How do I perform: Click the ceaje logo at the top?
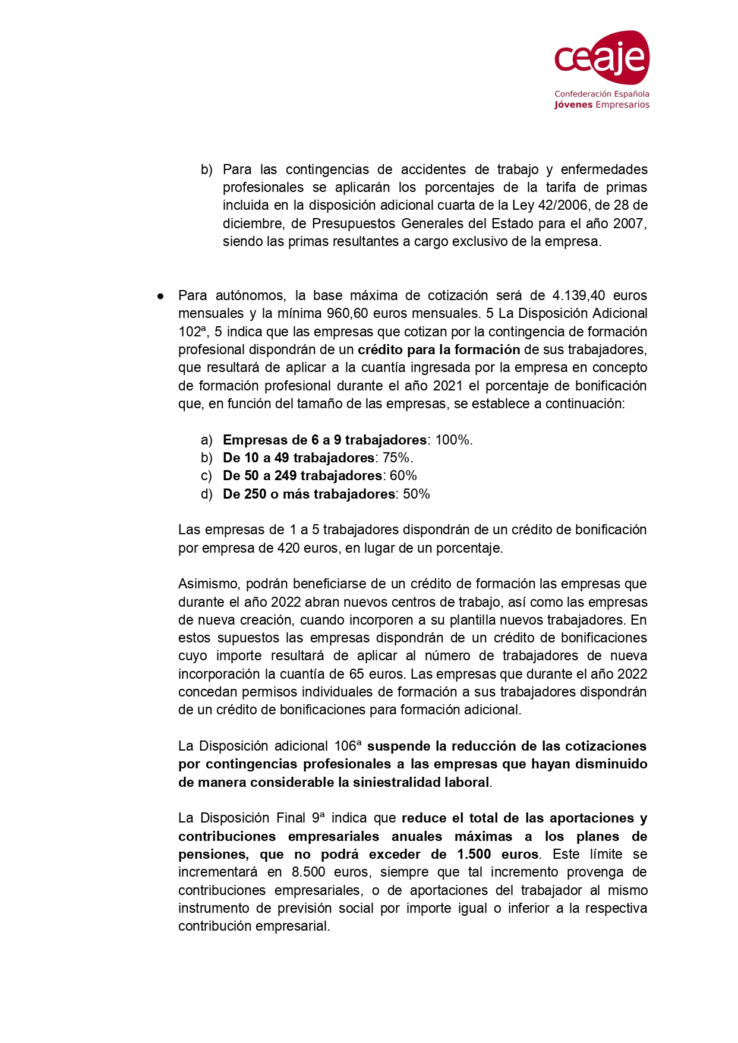pyautogui.click(x=601, y=58)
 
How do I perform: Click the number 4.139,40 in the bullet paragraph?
pyautogui.click(x=578, y=296)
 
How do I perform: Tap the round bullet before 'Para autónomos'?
pyautogui.click(x=160, y=296)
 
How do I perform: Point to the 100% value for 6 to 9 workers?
pyautogui.click(x=453, y=440)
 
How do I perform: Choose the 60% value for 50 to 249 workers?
pyautogui.click(x=403, y=476)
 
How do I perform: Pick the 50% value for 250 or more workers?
pyautogui.click(x=416, y=494)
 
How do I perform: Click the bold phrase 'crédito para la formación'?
pyautogui.click(x=439, y=350)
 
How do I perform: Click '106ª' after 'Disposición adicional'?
pyautogui.click(x=347, y=746)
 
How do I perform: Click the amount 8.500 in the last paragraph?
pyautogui.click(x=308, y=872)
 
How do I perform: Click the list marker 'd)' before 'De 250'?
pyautogui.click(x=206, y=494)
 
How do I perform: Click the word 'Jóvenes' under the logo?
pyautogui.click(x=573, y=105)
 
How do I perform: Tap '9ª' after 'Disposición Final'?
pyautogui.click(x=318, y=818)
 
